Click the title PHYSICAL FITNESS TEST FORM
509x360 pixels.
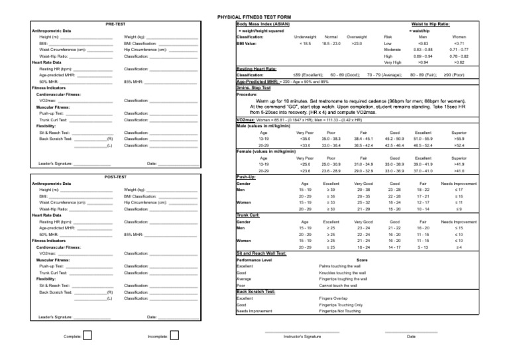click(x=254, y=15)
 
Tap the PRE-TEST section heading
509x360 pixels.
click(x=115, y=24)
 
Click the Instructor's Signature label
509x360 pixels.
click(x=302, y=337)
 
